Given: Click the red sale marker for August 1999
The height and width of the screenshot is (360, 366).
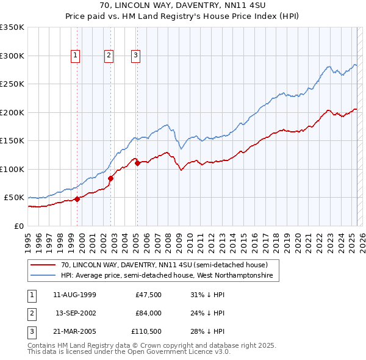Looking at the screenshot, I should [77, 199].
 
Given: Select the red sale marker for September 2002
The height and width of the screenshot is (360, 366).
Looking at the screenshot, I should [110, 178].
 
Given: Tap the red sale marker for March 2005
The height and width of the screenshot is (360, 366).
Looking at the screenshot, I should [137, 163].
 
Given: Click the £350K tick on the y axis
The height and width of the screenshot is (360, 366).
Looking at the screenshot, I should [12, 27].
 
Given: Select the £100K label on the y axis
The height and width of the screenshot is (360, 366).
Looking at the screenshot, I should [12, 169].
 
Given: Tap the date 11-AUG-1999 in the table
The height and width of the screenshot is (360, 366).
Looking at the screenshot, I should [75, 295].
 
